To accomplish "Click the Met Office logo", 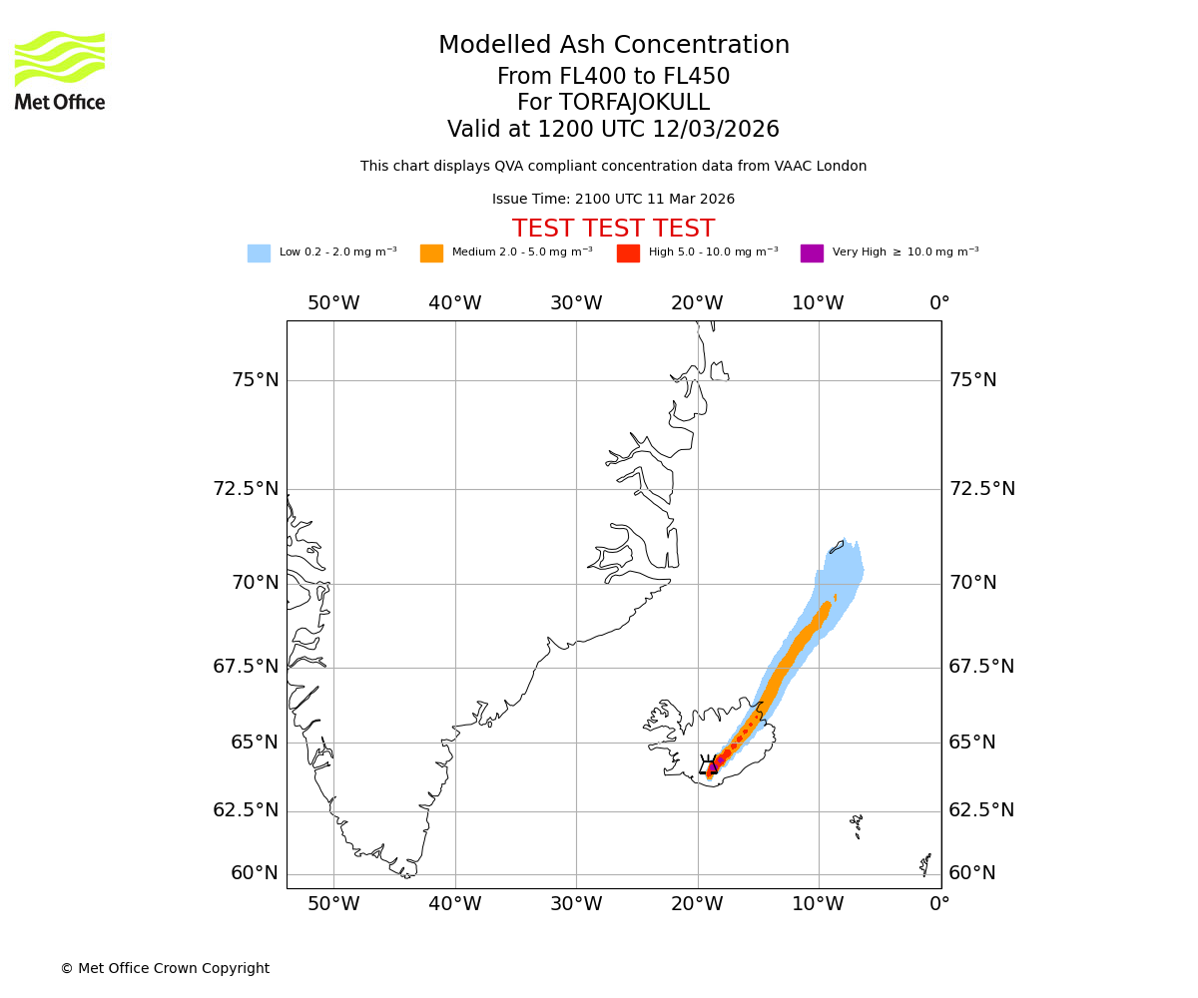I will click(x=60, y=70).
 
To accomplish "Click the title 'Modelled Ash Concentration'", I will click(x=613, y=46).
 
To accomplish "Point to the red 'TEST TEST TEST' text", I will click(x=613, y=229).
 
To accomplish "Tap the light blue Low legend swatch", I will click(x=259, y=253).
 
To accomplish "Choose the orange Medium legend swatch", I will click(x=431, y=253).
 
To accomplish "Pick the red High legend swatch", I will click(x=628, y=253).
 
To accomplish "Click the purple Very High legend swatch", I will click(x=812, y=253).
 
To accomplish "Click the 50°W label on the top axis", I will click(x=333, y=303).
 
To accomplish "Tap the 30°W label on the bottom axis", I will click(x=576, y=905).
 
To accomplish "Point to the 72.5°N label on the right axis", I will click(x=981, y=489).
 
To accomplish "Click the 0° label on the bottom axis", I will click(x=939, y=905).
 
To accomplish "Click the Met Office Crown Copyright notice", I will click(x=165, y=968).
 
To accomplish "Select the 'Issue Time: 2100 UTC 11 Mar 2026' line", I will click(x=613, y=200).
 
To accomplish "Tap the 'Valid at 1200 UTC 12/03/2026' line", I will click(x=613, y=130).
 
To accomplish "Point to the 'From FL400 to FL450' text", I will click(x=613, y=77).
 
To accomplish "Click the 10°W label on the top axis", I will click(x=818, y=303).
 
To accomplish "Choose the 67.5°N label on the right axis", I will click(x=981, y=667).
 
